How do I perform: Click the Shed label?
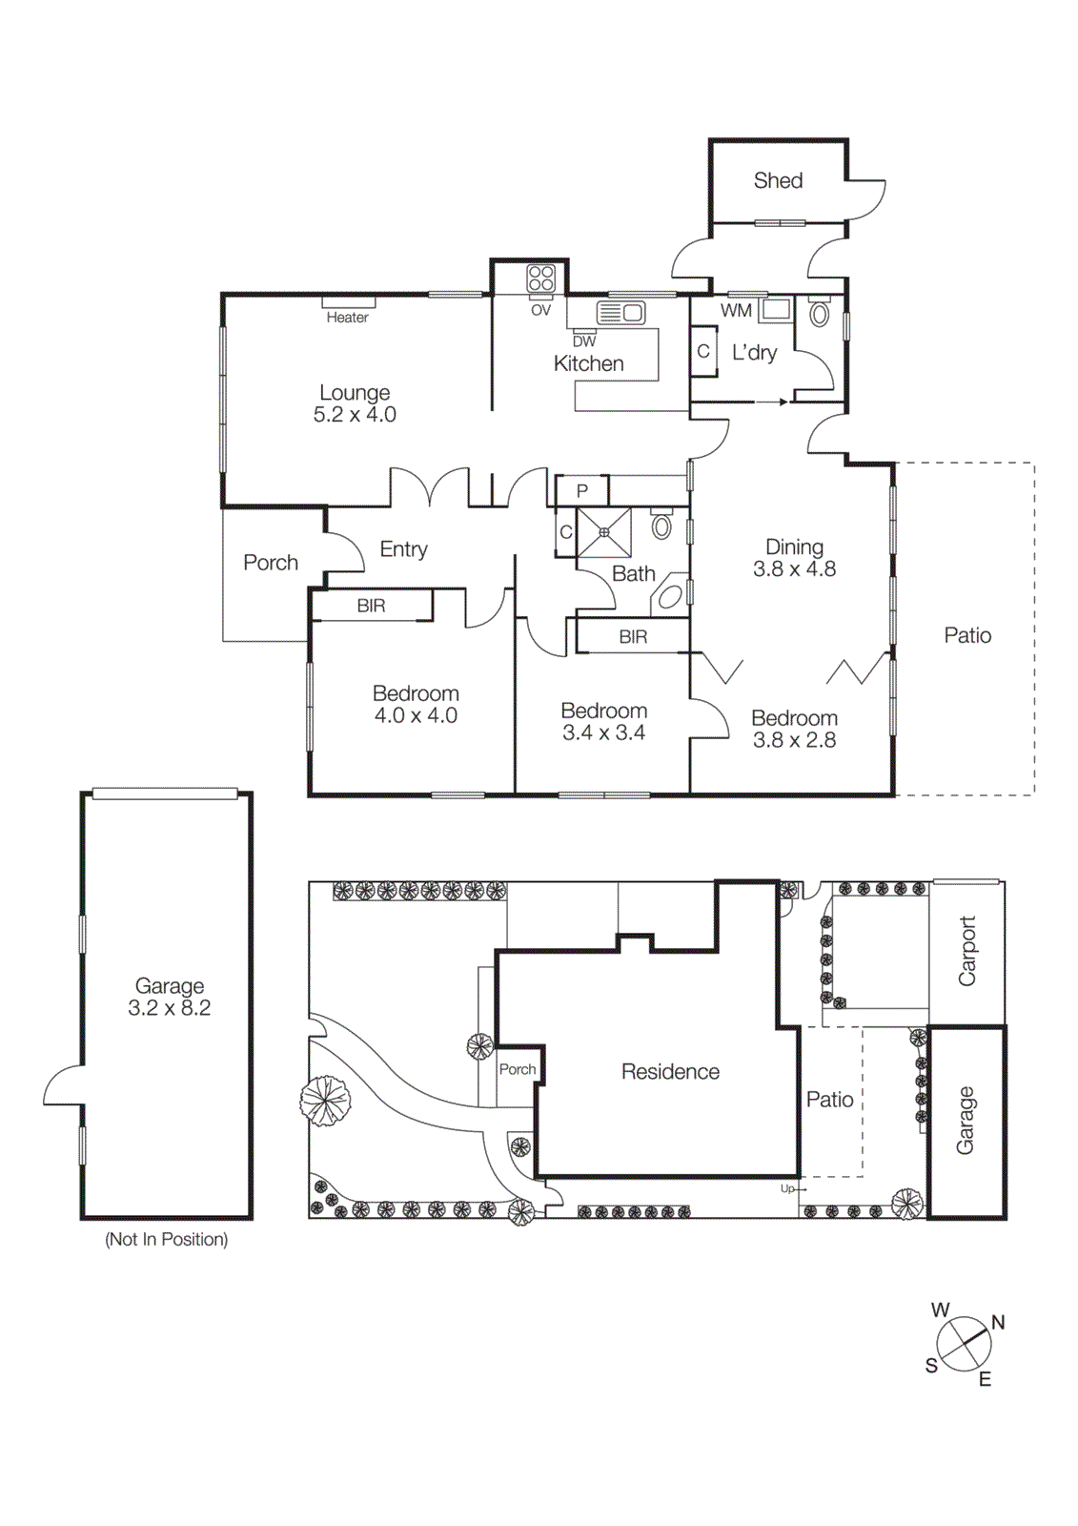pyautogui.click(x=778, y=180)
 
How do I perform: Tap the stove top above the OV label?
pyautogui.click(x=541, y=278)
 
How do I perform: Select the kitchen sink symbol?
pyautogui.click(x=620, y=312)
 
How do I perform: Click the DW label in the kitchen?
pyautogui.click(x=584, y=341)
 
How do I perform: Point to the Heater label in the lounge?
pyautogui.click(x=347, y=318)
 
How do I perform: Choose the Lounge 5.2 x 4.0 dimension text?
pyautogui.click(x=355, y=415)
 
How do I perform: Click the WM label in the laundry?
pyautogui.click(x=736, y=311)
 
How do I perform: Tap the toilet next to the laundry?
pyautogui.click(x=819, y=314)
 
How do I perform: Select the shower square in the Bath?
pyautogui.click(x=604, y=531)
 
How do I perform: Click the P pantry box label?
pyautogui.click(x=582, y=491)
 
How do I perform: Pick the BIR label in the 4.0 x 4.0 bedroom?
pyautogui.click(x=371, y=606)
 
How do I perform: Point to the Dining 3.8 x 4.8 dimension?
pyautogui.click(x=794, y=569)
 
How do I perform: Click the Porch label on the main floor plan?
pyautogui.click(x=271, y=563)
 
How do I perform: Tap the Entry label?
pyautogui.click(x=403, y=549)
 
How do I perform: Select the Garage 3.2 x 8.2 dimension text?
pyautogui.click(x=170, y=1008)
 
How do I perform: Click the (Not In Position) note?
pyautogui.click(x=167, y=1239)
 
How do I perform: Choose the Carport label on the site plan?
pyautogui.click(x=966, y=951)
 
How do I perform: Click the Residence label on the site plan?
pyautogui.click(x=670, y=1072)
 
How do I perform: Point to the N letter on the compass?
pyautogui.click(x=998, y=1322)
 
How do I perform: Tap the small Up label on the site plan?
pyautogui.click(x=787, y=1188)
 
